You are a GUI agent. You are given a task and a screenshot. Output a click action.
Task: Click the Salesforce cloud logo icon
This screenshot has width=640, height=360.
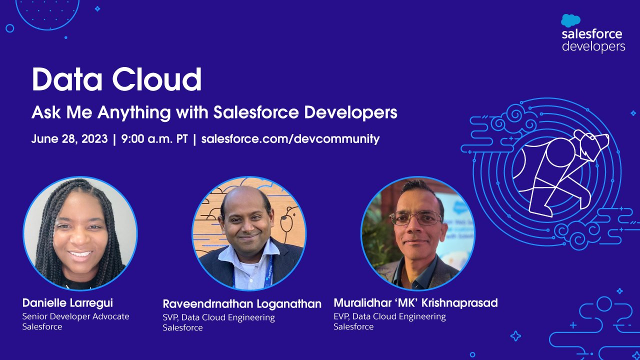pyautogui.click(x=570, y=20)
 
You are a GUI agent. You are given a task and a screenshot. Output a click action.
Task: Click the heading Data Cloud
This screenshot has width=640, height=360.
pyautogui.click(x=116, y=79)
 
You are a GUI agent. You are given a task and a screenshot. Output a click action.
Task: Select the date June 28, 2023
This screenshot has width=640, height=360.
pyautogui.click(x=69, y=139)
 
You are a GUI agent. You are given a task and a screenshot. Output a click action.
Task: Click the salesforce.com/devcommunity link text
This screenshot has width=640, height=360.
pyautogui.click(x=290, y=139)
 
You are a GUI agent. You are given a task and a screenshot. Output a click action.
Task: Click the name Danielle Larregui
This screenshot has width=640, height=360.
pyautogui.click(x=67, y=303)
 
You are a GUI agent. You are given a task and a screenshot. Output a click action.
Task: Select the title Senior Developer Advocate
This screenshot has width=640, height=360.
pyautogui.click(x=75, y=316)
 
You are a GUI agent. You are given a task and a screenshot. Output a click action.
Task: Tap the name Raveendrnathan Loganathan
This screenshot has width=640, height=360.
pyautogui.click(x=242, y=304)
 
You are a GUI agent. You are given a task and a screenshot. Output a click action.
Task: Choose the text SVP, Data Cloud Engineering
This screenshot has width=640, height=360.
pyautogui.click(x=218, y=317)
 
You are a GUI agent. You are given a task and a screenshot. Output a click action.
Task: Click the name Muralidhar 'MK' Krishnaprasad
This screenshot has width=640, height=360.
pyautogui.click(x=415, y=303)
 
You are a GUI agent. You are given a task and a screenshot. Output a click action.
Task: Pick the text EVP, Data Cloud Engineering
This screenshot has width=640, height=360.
pyautogui.click(x=389, y=316)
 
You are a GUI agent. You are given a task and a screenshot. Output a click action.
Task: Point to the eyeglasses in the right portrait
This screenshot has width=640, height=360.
pyautogui.click(x=415, y=218)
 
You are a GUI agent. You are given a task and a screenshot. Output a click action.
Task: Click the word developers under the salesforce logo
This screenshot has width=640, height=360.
pyautogui.click(x=593, y=46)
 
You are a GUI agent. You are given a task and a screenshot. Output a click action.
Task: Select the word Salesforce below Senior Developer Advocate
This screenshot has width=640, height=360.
pyautogui.click(x=42, y=326)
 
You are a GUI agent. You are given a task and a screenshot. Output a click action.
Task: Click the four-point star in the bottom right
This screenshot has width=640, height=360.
pyautogui.click(x=515, y=336)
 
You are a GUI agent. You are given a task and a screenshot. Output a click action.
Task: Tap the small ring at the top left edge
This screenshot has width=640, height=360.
pyautogui.click(x=9, y=28)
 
